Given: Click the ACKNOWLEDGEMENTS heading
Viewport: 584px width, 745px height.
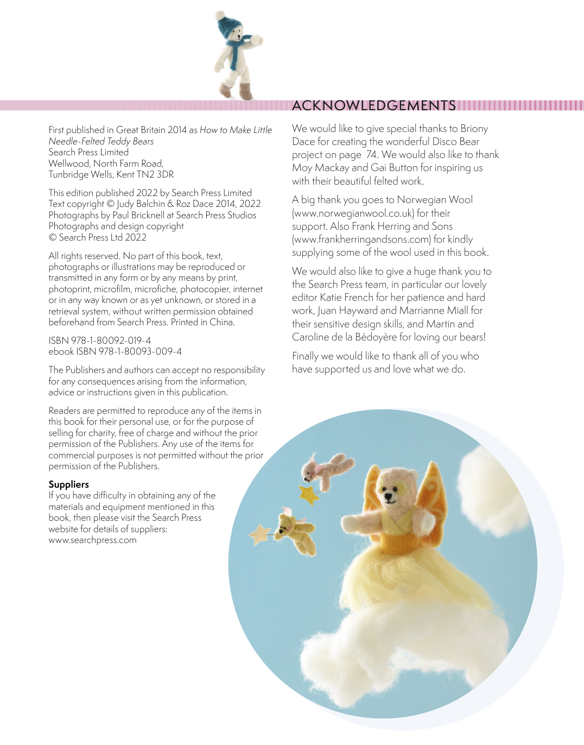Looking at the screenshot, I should [x=374, y=105].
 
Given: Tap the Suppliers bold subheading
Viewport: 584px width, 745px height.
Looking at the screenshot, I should [x=68, y=484].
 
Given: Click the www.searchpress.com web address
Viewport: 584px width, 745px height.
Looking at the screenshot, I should [x=92, y=540].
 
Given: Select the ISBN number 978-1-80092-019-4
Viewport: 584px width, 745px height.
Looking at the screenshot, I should [x=111, y=340].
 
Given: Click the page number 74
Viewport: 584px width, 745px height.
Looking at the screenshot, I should [x=372, y=155].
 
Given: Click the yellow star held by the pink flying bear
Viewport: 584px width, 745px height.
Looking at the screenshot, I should [x=309, y=495].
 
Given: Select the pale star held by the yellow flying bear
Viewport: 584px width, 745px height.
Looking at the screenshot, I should [x=260, y=534].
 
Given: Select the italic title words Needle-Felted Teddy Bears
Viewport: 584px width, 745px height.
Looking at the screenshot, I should [x=101, y=141].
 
